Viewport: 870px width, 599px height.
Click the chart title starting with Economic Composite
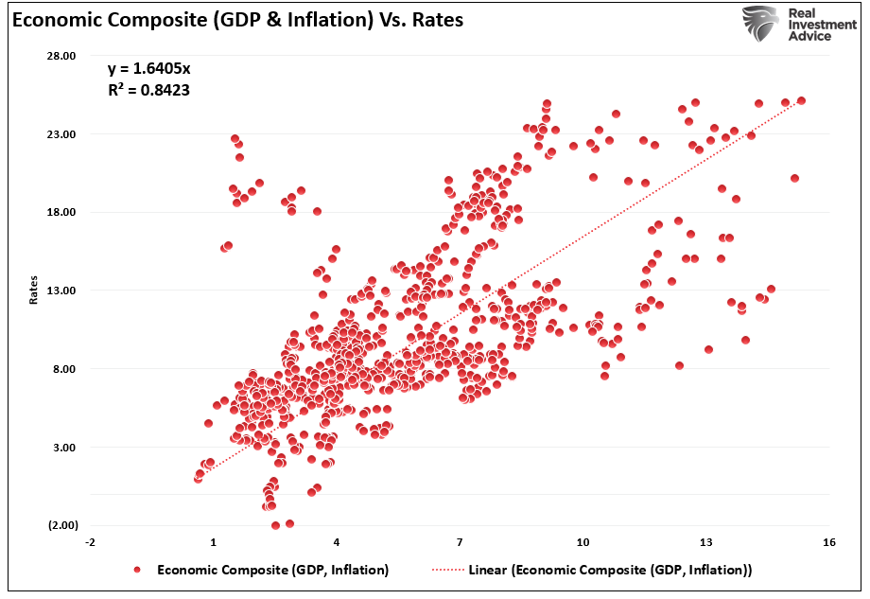click(237, 19)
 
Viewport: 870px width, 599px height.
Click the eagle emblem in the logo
click(759, 23)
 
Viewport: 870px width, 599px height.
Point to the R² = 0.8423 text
click(150, 92)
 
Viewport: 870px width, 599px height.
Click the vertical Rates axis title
click(34, 291)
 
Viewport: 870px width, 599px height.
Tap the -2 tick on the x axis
click(90, 542)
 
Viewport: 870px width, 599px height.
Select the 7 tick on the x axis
click(460, 542)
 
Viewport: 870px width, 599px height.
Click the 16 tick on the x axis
click(828, 542)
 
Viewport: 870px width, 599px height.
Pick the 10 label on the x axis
click(583, 542)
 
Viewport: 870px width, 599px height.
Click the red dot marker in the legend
click(138, 570)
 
